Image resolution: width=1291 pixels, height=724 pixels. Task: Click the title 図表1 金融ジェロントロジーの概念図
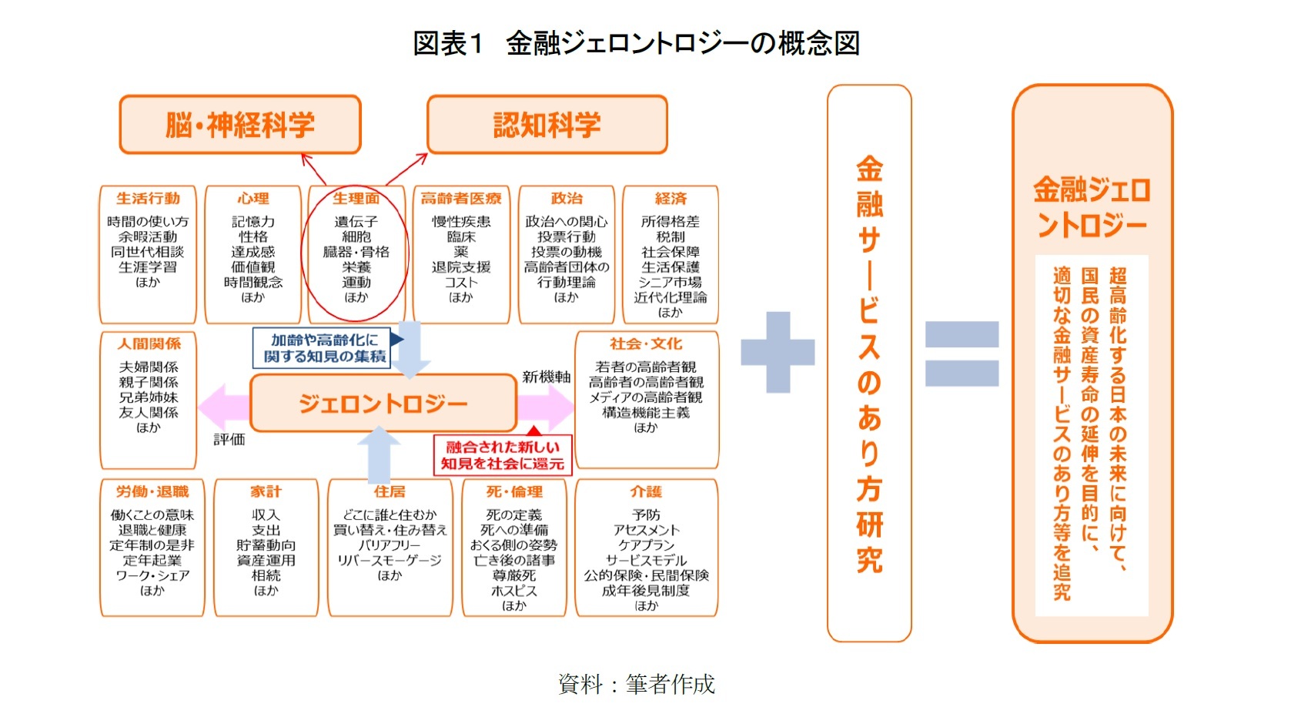636,43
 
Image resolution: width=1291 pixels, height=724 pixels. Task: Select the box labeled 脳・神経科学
240,125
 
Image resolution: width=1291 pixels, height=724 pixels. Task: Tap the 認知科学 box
547,125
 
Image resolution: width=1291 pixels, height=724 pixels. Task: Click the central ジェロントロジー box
383,404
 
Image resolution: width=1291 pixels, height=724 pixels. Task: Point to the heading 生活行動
148,199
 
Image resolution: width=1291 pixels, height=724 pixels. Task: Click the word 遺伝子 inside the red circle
356,222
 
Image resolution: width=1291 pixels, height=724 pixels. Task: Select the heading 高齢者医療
461,199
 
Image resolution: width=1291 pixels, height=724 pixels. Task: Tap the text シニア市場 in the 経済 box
670,283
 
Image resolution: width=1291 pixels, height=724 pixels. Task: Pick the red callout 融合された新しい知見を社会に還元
502,455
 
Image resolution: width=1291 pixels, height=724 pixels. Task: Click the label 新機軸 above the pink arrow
547,377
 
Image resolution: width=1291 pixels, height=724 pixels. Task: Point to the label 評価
229,440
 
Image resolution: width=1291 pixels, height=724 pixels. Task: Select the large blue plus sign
778,352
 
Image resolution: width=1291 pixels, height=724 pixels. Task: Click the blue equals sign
962,354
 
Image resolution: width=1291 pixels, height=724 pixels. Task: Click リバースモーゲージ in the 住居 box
390,561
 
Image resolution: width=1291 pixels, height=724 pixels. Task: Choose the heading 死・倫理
514,492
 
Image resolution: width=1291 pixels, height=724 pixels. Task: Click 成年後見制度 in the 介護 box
646,591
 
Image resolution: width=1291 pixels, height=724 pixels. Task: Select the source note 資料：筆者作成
637,684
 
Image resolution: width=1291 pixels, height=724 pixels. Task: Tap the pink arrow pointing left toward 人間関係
223,407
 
